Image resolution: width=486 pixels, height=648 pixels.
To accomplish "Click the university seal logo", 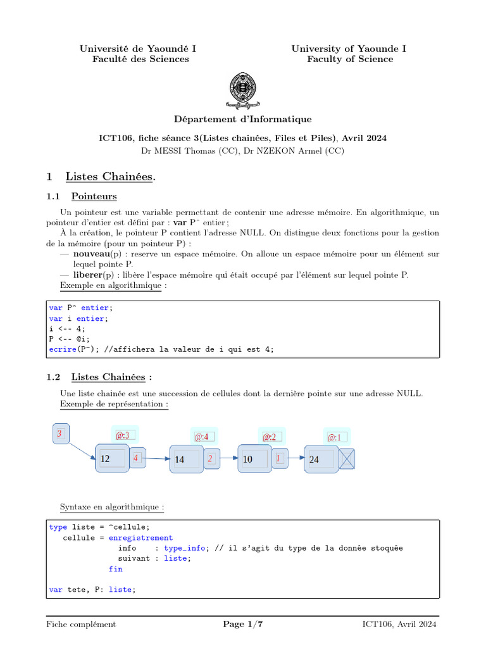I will click(x=243, y=89).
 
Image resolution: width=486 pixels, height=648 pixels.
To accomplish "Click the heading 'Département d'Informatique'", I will click(x=243, y=119).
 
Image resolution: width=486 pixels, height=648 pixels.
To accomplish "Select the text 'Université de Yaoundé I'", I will click(x=137, y=49).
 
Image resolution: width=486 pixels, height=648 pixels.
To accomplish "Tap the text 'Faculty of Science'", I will click(x=350, y=59).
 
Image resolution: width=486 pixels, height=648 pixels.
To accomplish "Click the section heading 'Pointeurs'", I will click(x=94, y=196).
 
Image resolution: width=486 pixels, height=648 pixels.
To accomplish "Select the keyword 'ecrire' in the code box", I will click(x=61, y=349).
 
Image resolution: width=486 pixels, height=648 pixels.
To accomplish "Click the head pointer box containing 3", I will click(x=60, y=434).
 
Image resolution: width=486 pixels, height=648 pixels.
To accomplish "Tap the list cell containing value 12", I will click(x=112, y=459).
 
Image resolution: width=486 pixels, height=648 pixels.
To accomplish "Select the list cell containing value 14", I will click(x=186, y=459).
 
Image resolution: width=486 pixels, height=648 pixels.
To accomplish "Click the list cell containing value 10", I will click(x=254, y=459).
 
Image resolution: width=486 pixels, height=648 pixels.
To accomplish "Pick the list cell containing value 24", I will click(x=321, y=459).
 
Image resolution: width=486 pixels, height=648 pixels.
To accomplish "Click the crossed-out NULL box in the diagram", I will click(x=347, y=459).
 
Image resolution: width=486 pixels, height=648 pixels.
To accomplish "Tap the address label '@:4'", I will click(x=202, y=437).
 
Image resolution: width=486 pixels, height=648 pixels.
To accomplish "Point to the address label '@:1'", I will click(x=334, y=437).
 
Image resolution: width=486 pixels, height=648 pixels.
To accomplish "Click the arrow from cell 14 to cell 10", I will click(x=229, y=459).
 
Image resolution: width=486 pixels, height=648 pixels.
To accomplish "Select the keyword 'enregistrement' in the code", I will click(x=140, y=538).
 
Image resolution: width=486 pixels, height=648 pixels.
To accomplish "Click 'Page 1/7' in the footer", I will click(x=243, y=625).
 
